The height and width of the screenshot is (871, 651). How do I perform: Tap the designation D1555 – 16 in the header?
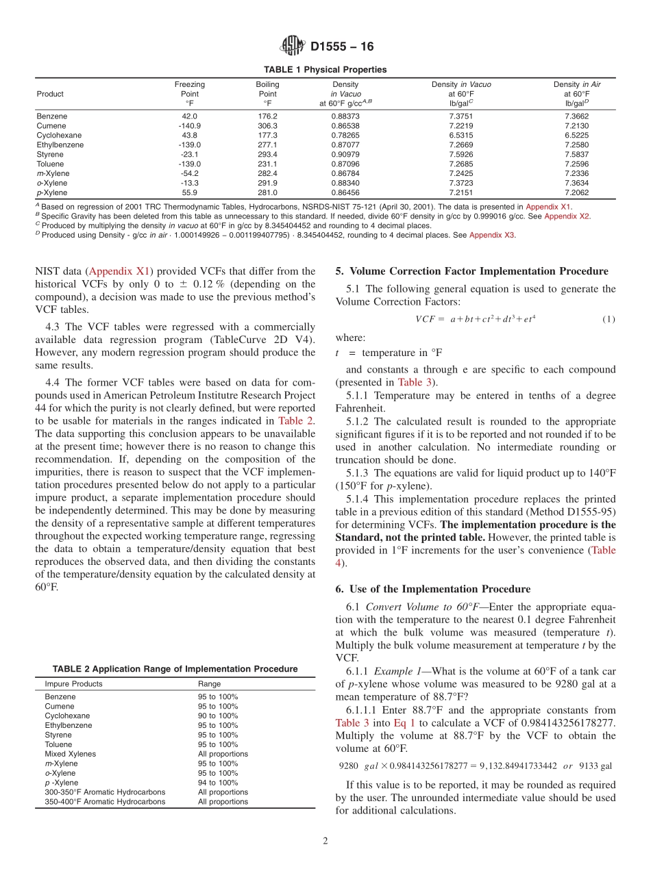[342, 47]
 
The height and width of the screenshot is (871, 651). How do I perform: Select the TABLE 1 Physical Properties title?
[325, 70]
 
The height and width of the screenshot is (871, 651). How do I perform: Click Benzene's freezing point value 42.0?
[189, 116]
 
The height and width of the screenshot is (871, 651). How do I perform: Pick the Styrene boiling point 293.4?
[267, 155]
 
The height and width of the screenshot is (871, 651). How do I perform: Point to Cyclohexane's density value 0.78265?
[345, 136]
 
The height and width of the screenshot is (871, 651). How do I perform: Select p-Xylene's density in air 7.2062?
[577, 193]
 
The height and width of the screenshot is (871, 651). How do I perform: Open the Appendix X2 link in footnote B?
[567, 216]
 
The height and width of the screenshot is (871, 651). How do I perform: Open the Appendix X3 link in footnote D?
[492, 235]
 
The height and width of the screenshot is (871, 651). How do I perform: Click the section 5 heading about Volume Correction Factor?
[471, 271]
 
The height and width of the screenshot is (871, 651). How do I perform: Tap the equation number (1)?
[609, 319]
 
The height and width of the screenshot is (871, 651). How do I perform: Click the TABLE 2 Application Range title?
[175, 669]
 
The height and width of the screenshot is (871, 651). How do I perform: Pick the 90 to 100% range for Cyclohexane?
[218, 716]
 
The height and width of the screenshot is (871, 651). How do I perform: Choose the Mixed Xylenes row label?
[70, 754]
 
